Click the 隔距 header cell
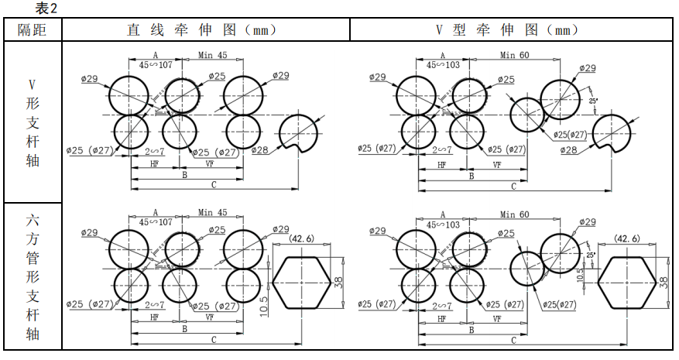coord(33,30)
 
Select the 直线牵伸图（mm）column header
coord(203,30)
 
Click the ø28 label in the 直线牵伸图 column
coord(261,149)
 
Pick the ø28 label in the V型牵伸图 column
coord(568,149)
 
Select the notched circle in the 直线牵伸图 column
coord(298,132)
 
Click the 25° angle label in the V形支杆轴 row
coord(592,101)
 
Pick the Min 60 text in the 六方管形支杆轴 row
coord(514,214)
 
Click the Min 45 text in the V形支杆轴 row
coord(213,55)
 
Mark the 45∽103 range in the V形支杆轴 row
coord(443,66)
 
